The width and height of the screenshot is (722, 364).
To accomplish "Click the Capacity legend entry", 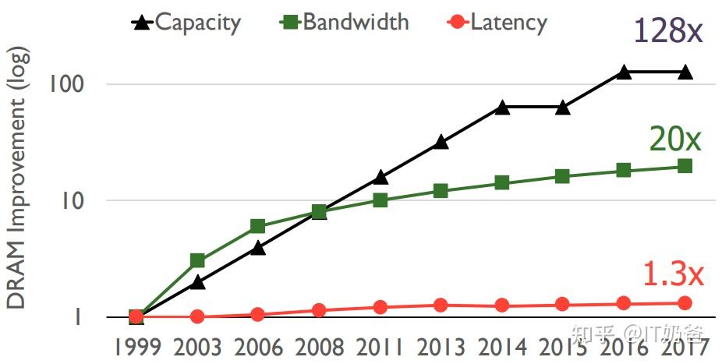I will click(x=187, y=22).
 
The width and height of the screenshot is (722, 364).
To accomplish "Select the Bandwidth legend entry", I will click(x=345, y=22).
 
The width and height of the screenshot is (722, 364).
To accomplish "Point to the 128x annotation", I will click(x=668, y=32).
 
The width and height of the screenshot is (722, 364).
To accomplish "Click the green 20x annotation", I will click(x=675, y=140).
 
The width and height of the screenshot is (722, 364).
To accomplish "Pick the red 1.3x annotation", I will click(x=673, y=274).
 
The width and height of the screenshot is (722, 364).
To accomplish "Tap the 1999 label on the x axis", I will click(x=136, y=348).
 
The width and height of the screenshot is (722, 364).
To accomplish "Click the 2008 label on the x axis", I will click(x=319, y=348).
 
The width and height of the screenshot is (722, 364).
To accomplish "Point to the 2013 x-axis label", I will click(x=441, y=348).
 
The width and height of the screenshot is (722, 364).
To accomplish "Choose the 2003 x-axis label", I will click(x=197, y=348).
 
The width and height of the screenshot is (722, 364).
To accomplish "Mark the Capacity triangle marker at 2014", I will click(x=502, y=108).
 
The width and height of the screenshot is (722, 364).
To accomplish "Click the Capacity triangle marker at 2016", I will click(x=624, y=72).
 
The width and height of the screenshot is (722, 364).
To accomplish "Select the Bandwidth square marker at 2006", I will click(x=258, y=227).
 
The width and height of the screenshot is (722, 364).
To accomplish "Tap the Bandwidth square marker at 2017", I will click(x=685, y=166).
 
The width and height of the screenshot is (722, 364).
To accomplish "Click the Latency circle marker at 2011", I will click(x=380, y=307).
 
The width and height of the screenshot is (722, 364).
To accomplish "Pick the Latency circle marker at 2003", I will click(x=197, y=316).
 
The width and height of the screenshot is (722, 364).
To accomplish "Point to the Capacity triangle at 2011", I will click(x=380, y=178).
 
